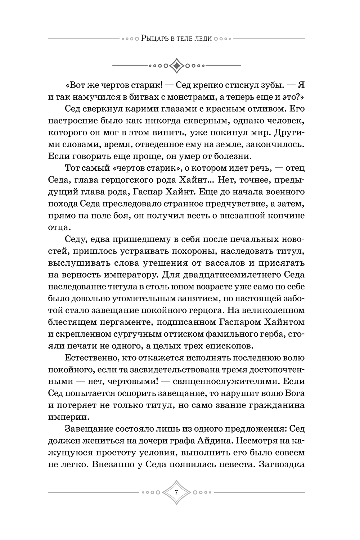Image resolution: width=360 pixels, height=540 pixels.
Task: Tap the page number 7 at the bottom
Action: pos(176,492)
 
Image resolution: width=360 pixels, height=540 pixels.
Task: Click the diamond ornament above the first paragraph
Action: pos(176,66)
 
